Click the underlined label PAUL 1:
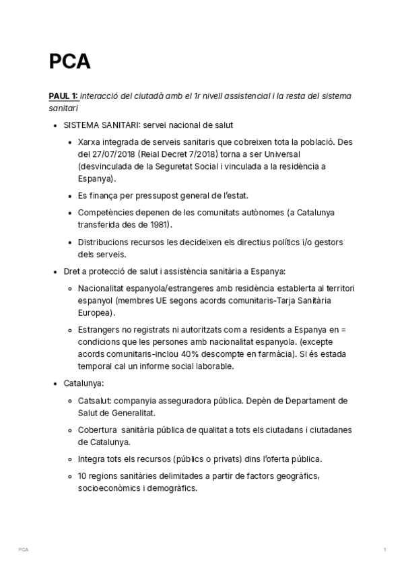63,96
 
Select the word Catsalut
95,401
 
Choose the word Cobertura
98,430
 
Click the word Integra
92,459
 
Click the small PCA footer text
24,550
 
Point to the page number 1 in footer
384,550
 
